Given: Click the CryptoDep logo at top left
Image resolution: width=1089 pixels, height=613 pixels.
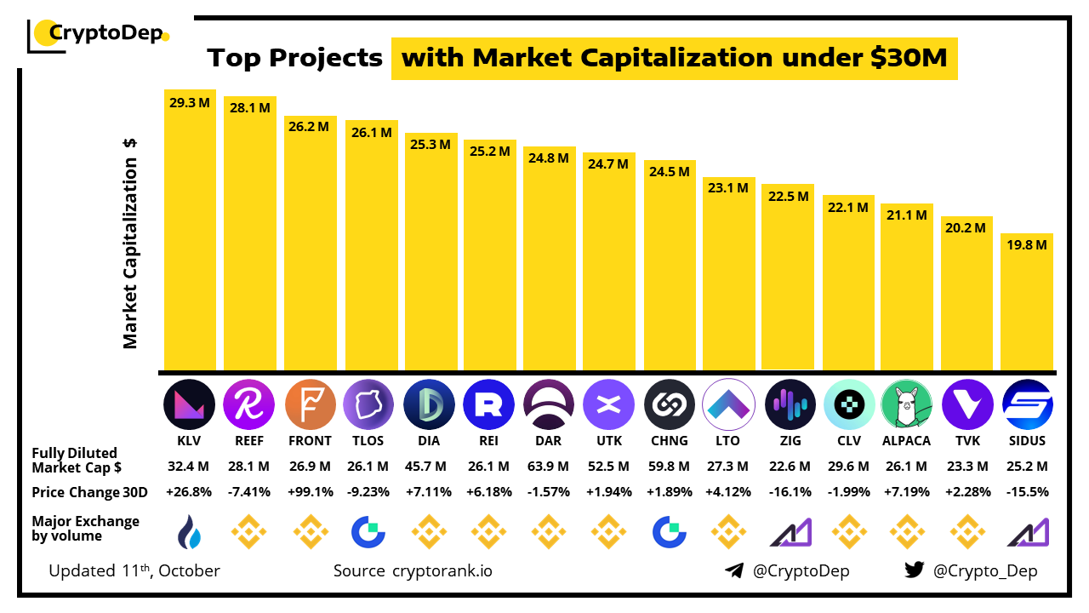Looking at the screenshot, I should click(99, 34).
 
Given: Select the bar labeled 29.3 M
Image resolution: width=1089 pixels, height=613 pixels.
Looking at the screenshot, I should click(190, 230).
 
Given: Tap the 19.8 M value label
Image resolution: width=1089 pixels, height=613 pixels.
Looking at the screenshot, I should click(1027, 244).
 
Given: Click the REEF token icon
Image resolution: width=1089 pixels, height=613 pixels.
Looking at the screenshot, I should click(249, 404).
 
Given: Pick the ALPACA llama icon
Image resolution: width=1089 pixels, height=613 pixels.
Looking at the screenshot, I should click(907, 404).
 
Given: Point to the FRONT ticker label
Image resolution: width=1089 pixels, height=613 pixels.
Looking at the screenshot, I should click(310, 441).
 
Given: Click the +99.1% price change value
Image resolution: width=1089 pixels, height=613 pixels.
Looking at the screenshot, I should click(310, 492).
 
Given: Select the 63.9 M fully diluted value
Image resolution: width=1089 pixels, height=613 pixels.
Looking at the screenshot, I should click(549, 467).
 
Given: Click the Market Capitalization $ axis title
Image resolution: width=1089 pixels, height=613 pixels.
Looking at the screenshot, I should click(130, 243).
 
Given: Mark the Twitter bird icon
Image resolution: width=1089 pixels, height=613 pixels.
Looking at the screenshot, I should click(915, 570).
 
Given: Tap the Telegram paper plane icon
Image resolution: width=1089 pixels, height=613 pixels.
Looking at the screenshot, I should click(734, 570).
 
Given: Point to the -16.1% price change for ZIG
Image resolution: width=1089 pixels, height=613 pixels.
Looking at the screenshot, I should click(789, 492).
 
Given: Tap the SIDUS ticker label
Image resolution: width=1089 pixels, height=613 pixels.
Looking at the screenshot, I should click(1027, 441).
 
